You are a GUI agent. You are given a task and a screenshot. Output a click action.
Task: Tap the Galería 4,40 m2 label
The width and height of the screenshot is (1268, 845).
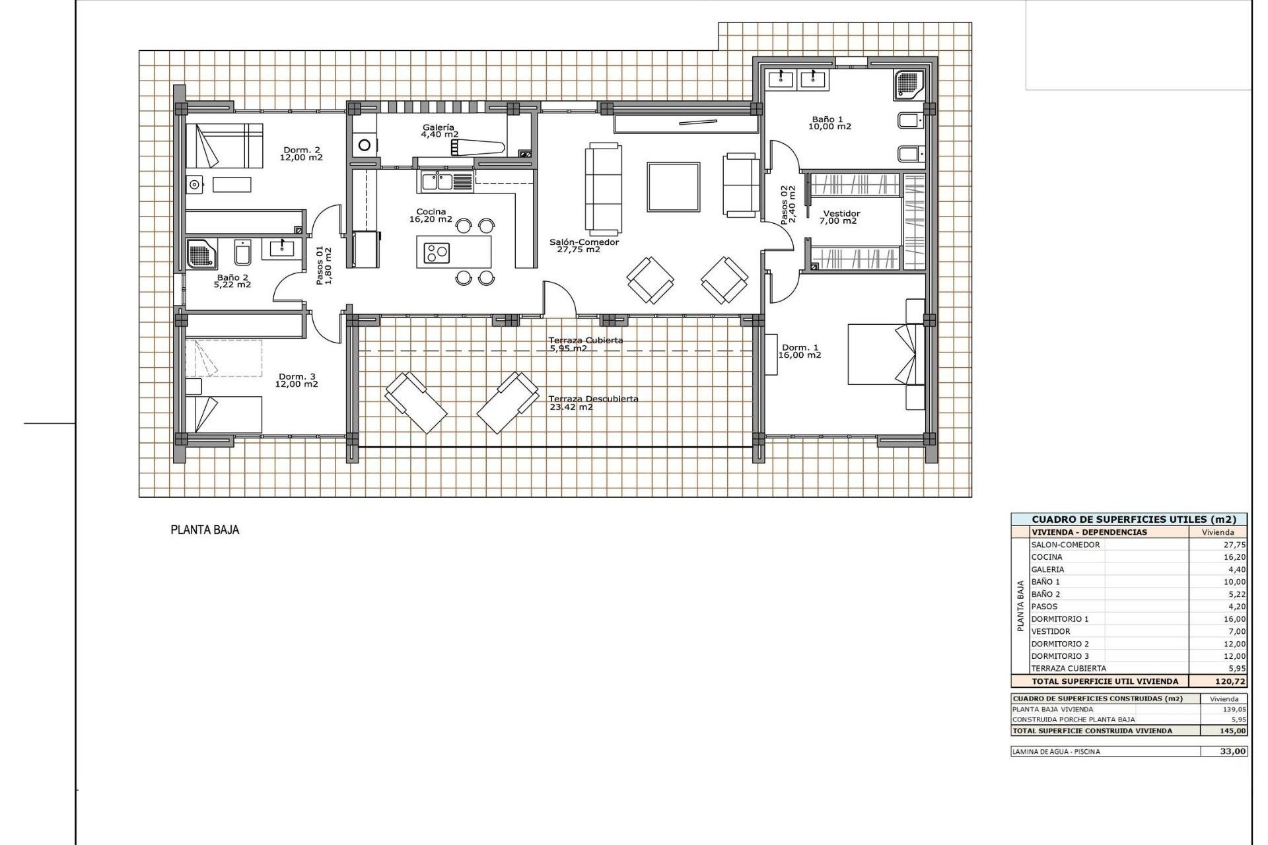[x=439, y=131]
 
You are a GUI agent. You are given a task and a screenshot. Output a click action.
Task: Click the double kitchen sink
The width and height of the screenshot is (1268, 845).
[x=436, y=181]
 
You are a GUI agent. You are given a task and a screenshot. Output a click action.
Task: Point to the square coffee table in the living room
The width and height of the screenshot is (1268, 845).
[x=673, y=187]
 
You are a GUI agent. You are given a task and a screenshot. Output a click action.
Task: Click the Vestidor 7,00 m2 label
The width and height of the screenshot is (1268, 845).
[x=841, y=217]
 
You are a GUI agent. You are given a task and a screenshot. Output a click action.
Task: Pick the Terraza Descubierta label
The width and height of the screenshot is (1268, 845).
[x=592, y=403]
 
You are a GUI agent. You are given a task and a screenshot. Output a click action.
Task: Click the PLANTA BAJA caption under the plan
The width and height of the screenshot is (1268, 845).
[x=205, y=529]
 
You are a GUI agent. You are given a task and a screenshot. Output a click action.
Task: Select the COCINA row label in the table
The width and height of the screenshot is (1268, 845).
[x=1047, y=557]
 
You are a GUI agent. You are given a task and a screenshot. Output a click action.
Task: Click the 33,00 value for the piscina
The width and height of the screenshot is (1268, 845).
[x=1233, y=751]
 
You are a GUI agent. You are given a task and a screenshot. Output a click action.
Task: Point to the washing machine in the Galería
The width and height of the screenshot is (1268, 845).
[x=363, y=144]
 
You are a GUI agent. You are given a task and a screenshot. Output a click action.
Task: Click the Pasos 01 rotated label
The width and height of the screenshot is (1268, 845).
[x=324, y=265]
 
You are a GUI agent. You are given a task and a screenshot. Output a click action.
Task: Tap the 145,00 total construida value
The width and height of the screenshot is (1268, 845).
[x=1233, y=731]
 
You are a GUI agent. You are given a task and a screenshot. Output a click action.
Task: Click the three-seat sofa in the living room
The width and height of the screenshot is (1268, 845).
[x=603, y=188]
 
